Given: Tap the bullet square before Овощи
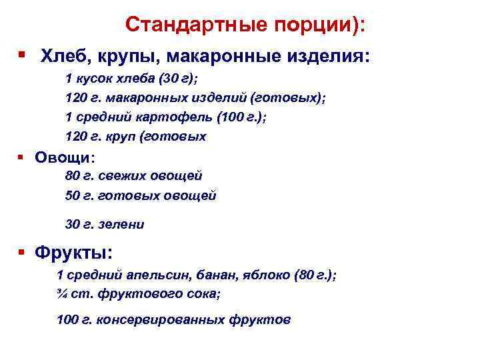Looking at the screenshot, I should click(22, 157).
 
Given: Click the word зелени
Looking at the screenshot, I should click(121, 224).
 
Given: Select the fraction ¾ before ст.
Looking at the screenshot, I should click(61, 294).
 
